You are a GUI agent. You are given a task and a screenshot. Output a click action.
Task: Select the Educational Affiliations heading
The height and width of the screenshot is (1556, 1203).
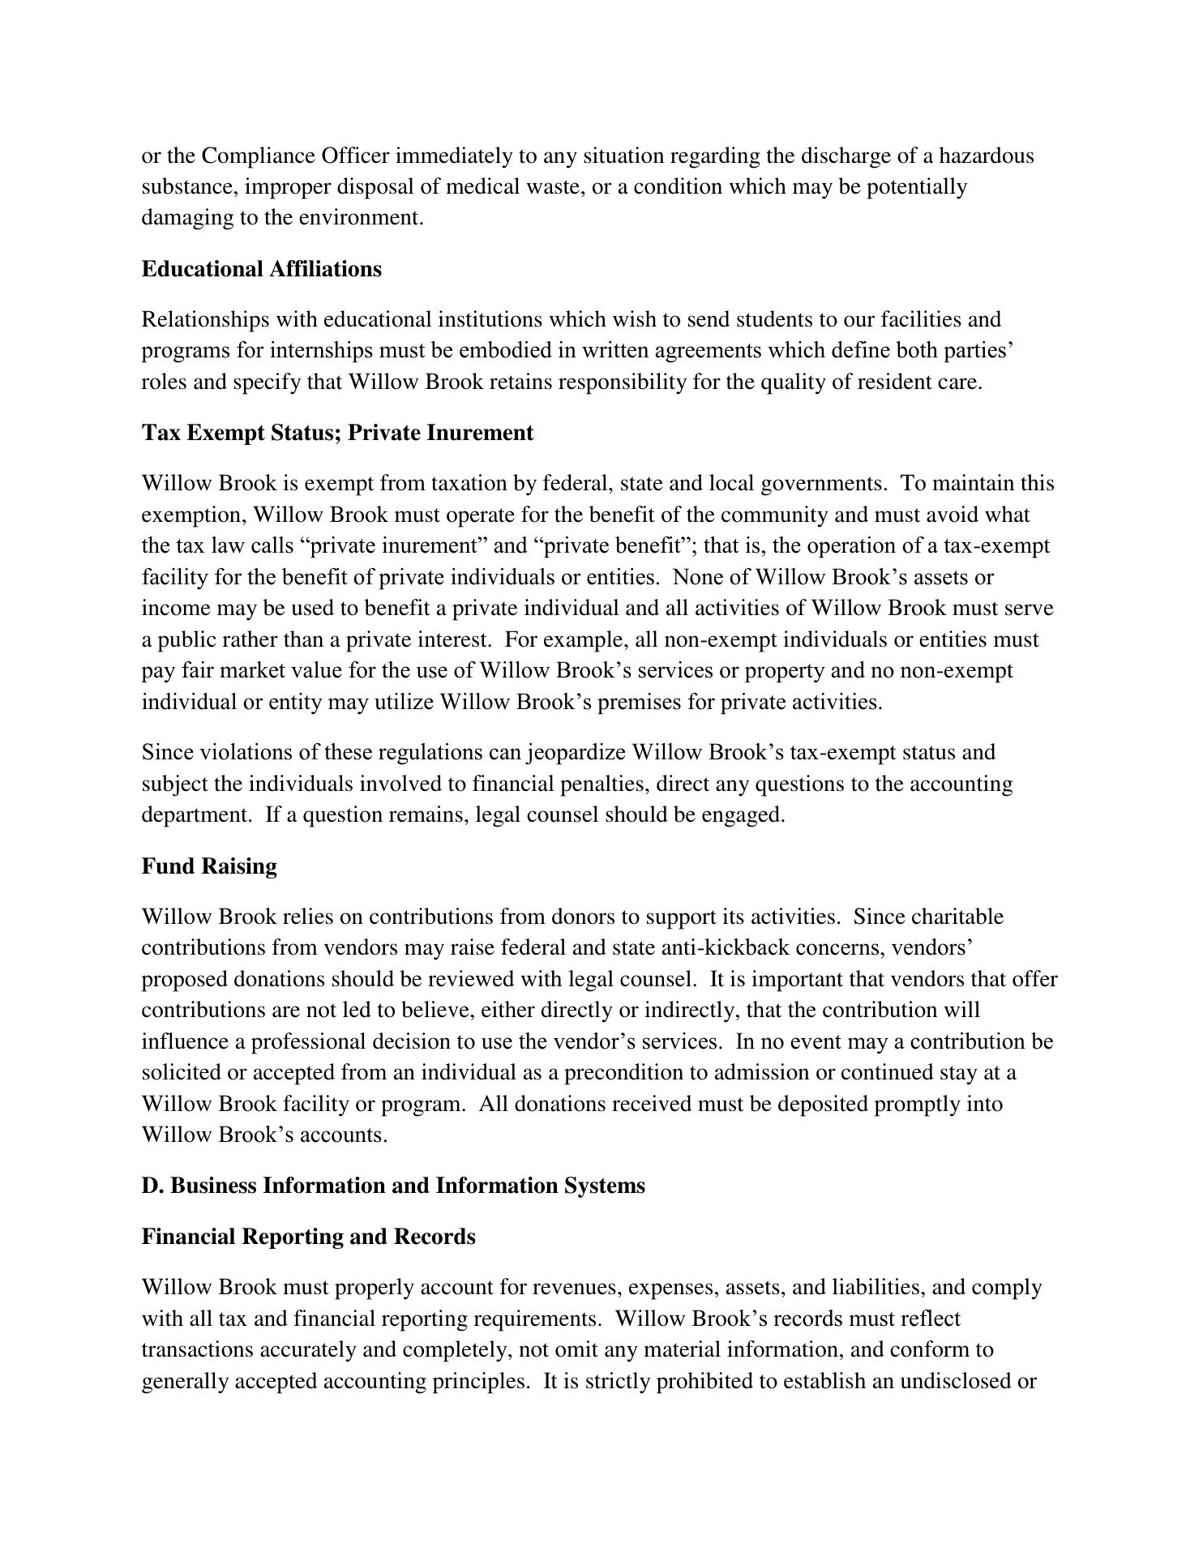pyautogui.click(x=261, y=269)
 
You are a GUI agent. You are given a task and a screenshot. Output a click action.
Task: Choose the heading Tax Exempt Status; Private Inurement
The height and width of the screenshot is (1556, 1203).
pyautogui.click(x=337, y=433)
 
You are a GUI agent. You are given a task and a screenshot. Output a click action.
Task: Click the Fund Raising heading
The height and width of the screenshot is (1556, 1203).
pyautogui.click(x=209, y=866)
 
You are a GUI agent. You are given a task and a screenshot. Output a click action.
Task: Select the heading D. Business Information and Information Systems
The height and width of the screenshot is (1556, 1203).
pyautogui.click(x=393, y=1186)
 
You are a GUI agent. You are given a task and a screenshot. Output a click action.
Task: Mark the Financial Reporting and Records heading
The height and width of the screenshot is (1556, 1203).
pyautogui.click(x=308, y=1237)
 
